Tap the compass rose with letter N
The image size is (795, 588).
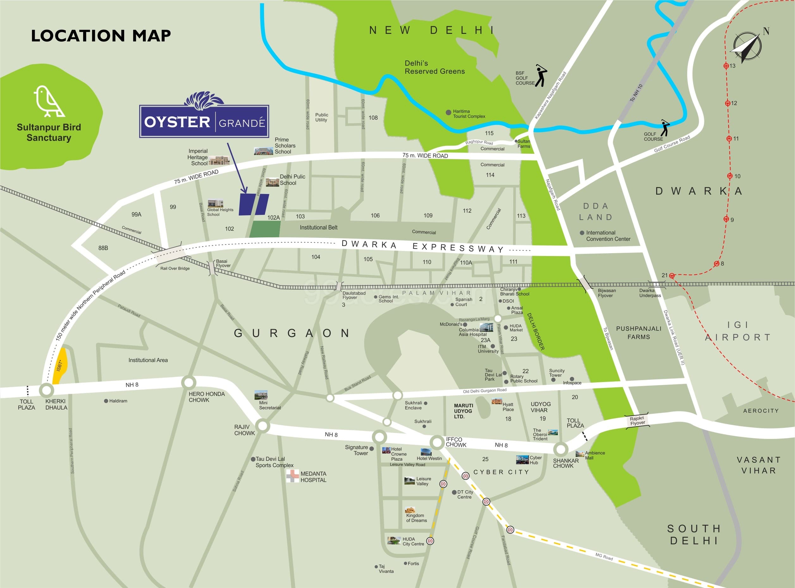pyautogui.click(x=747, y=47)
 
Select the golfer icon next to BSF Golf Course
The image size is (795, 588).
pyautogui.click(x=541, y=75)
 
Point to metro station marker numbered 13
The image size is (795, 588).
pyautogui.click(x=726, y=66)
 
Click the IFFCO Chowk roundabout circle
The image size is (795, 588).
pyautogui.click(x=436, y=442)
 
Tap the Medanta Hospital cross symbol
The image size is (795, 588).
pyautogui.click(x=293, y=476)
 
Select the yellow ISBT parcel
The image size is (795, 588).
pyautogui.click(x=60, y=366)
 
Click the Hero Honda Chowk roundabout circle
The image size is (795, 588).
pyautogui.click(x=188, y=383)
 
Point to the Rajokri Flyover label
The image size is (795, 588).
pyautogui.click(x=638, y=420)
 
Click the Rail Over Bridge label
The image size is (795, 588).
pyautogui.click(x=175, y=268)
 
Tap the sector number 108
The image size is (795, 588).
pyautogui.click(x=373, y=118)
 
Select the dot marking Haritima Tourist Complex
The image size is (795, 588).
pyautogui.click(x=448, y=112)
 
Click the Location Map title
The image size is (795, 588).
pyautogui.click(x=101, y=35)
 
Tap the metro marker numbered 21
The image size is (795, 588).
pyautogui.click(x=672, y=276)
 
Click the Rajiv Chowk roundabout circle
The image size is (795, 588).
pyautogui.click(x=262, y=426)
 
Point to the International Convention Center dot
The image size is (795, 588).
pyautogui.click(x=582, y=233)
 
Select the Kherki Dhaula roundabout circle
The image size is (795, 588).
pyautogui.click(x=46, y=390)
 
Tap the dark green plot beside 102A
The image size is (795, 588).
pyautogui.click(x=265, y=229)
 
